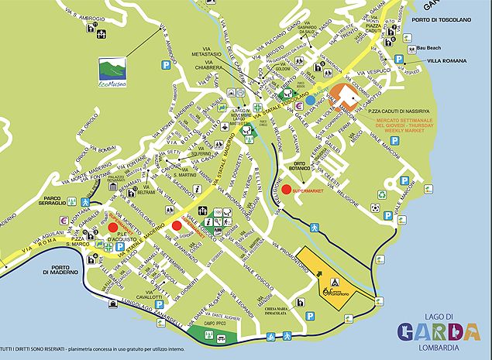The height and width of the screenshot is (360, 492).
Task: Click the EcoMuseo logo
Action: pos(112,70)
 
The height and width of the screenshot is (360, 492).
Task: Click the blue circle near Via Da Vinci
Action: pos(310,100)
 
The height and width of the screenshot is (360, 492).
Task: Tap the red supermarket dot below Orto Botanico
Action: pos(286,189)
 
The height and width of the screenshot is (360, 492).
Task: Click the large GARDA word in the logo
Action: pos(439,332)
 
